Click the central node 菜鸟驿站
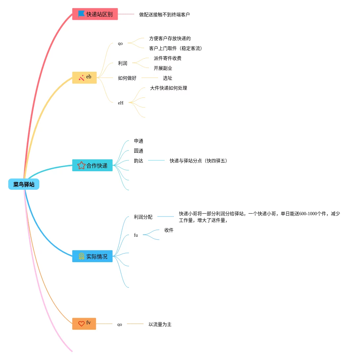24,184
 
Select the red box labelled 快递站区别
95,14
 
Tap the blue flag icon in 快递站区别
81,14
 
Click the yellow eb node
85,77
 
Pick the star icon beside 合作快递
81,165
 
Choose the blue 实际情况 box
93,256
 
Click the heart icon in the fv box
81,324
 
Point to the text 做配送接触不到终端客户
164,15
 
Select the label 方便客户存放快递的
170,38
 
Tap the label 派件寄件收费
167,58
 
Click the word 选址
167,78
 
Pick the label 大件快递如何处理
168,88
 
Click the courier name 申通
139,141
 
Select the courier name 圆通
139,151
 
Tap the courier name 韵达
139,161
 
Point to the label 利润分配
143,217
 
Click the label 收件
169,230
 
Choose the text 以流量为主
160,324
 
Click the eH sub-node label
121,103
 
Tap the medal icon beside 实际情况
81,256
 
